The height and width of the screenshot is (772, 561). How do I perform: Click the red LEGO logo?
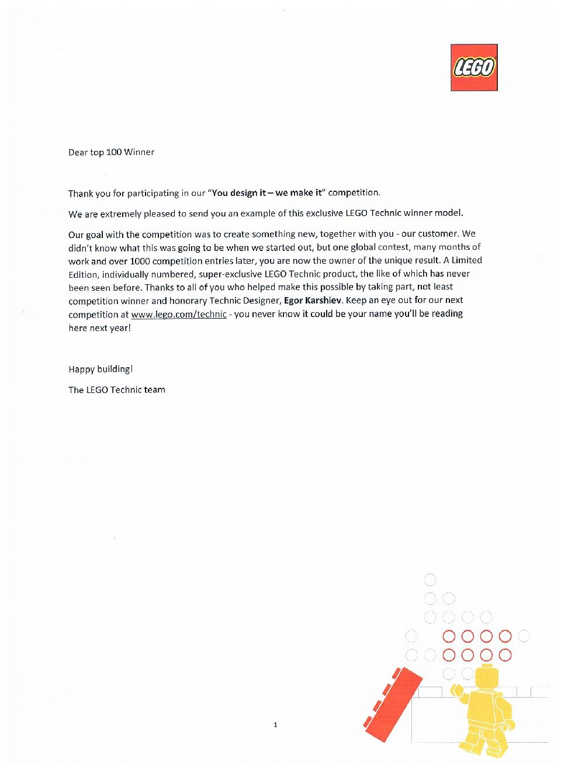click(x=474, y=68)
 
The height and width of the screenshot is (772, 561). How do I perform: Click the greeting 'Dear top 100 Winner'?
click(x=111, y=152)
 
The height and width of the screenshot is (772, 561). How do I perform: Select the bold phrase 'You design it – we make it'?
click(x=267, y=192)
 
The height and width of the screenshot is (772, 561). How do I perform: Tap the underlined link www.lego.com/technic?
click(x=179, y=314)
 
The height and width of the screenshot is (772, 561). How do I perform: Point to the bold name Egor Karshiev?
click(x=313, y=300)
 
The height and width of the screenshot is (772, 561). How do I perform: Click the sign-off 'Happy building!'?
click(x=101, y=369)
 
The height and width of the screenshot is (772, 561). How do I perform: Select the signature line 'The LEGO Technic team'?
click(x=117, y=390)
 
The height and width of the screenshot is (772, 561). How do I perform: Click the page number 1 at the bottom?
click(x=275, y=725)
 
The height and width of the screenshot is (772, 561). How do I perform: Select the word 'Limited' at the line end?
click(x=467, y=260)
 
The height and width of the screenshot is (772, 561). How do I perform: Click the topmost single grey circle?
click(x=430, y=580)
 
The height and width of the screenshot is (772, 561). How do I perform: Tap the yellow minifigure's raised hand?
click(x=457, y=692)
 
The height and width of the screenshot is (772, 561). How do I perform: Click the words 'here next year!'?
click(x=99, y=328)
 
